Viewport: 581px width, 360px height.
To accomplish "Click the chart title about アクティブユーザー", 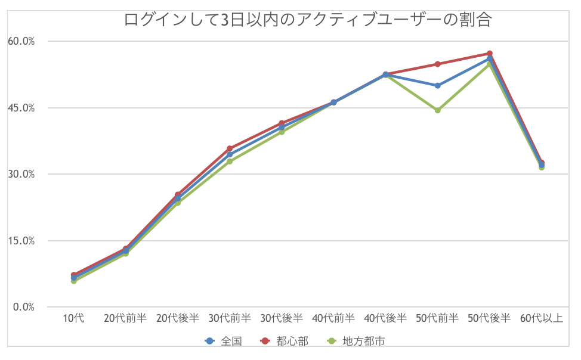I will pos(308,20).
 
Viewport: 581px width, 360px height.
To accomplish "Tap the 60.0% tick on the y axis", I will pos(21,41).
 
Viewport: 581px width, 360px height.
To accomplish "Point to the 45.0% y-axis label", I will pos(21,108).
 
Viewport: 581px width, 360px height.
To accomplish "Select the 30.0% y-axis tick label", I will pos(21,174).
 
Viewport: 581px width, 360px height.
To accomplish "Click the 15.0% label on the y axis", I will pos(21,241).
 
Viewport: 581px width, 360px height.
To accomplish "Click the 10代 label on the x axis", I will pos(74,318).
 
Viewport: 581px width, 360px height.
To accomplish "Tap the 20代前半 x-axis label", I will pos(125,318).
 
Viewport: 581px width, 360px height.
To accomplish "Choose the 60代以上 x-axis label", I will pos(542,318).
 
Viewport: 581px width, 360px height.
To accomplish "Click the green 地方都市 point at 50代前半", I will pos(438,110).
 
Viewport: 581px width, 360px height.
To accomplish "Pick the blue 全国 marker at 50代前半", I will pos(438,85).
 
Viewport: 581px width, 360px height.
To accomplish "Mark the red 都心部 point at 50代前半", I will pos(438,64).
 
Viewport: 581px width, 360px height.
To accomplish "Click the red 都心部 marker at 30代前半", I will pos(230,148).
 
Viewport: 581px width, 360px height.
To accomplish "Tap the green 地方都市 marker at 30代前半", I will pos(230,162).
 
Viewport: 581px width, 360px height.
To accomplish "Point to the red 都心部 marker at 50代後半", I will pos(490,54).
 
